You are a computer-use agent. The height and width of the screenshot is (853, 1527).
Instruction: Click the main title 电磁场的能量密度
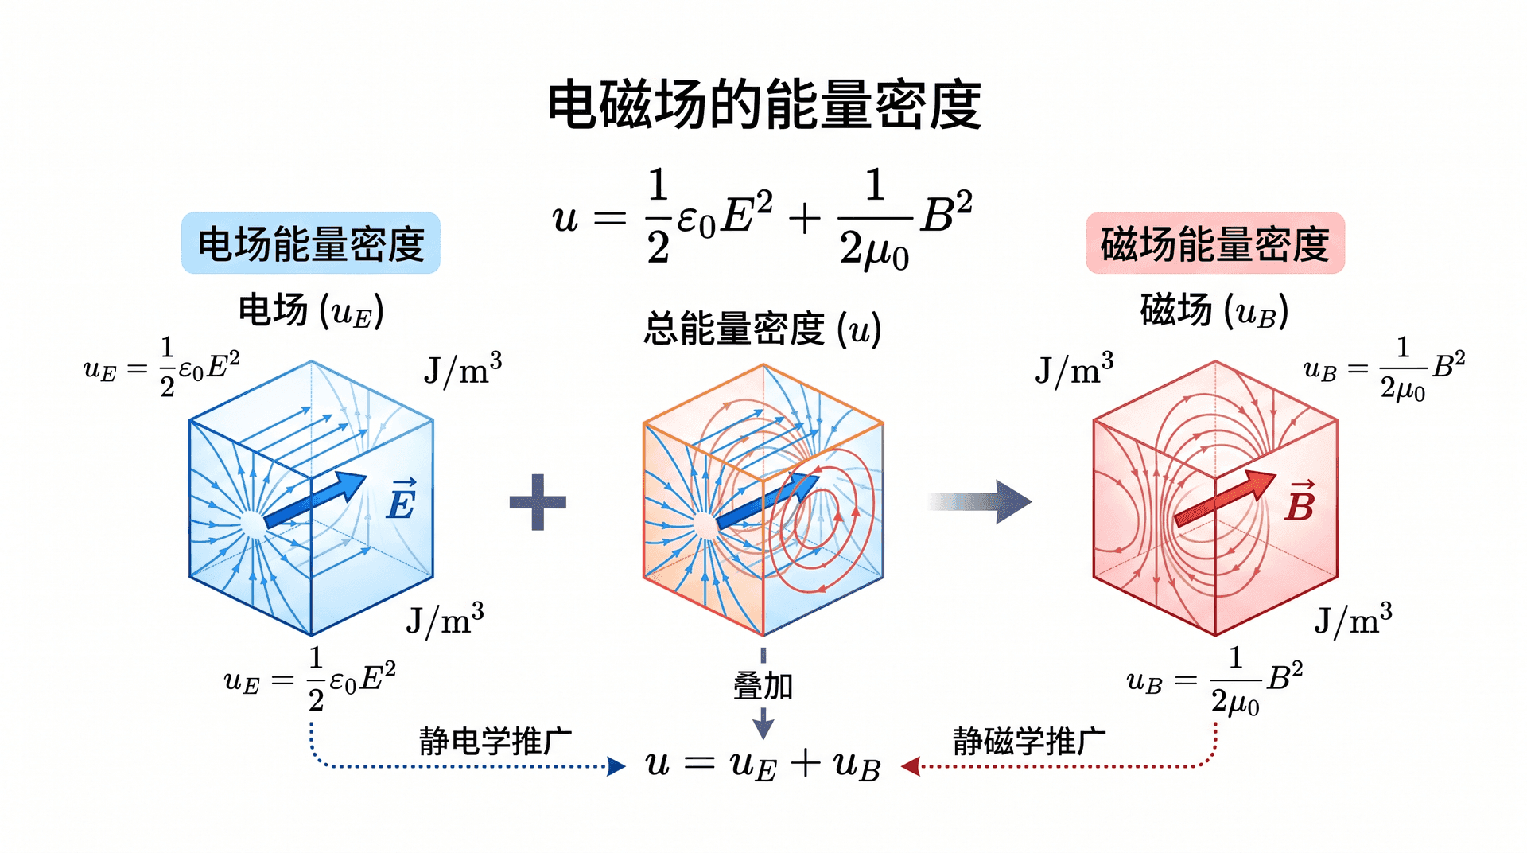pyautogui.click(x=764, y=104)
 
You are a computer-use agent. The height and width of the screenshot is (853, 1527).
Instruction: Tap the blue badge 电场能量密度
pyautogui.click(x=311, y=243)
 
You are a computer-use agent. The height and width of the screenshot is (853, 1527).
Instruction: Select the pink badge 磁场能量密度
pyautogui.click(x=1215, y=243)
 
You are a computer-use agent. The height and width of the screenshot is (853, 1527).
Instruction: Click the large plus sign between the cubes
pyautogui.click(x=538, y=502)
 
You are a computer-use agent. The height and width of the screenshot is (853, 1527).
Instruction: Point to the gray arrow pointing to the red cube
pyautogui.click(x=979, y=501)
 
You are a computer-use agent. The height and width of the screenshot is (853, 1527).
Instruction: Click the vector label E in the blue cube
pyautogui.click(x=401, y=500)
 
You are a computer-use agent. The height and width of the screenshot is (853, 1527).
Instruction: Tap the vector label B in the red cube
pyautogui.click(x=1300, y=501)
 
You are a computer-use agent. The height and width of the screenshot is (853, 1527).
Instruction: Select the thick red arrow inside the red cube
pyautogui.click(x=1226, y=498)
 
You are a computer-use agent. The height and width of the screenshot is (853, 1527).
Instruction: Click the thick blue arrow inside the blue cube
pyautogui.click(x=316, y=500)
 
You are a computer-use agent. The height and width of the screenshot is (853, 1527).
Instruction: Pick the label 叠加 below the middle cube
pyautogui.click(x=763, y=685)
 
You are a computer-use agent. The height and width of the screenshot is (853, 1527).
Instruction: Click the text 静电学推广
pyautogui.click(x=495, y=741)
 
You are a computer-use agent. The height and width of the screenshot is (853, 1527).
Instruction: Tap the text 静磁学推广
pyautogui.click(x=1029, y=741)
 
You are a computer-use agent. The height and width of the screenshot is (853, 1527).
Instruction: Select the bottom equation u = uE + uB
pyautogui.click(x=763, y=765)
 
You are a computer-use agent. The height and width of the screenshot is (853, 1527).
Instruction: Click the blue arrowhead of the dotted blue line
pyautogui.click(x=616, y=766)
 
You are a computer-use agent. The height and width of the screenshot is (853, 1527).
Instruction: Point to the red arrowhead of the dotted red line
pyautogui.click(x=911, y=766)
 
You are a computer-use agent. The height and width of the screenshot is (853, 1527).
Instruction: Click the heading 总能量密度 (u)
pyautogui.click(x=763, y=329)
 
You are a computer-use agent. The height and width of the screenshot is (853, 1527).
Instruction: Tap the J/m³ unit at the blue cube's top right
pyautogui.click(x=463, y=368)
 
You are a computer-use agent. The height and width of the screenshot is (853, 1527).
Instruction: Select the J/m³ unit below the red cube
pyautogui.click(x=1353, y=619)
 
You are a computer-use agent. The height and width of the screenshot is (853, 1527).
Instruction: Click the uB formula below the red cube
pyautogui.click(x=1215, y=681)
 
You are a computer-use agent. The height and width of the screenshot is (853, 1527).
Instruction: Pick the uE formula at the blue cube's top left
pyautogui.click(x=161, y=367)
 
